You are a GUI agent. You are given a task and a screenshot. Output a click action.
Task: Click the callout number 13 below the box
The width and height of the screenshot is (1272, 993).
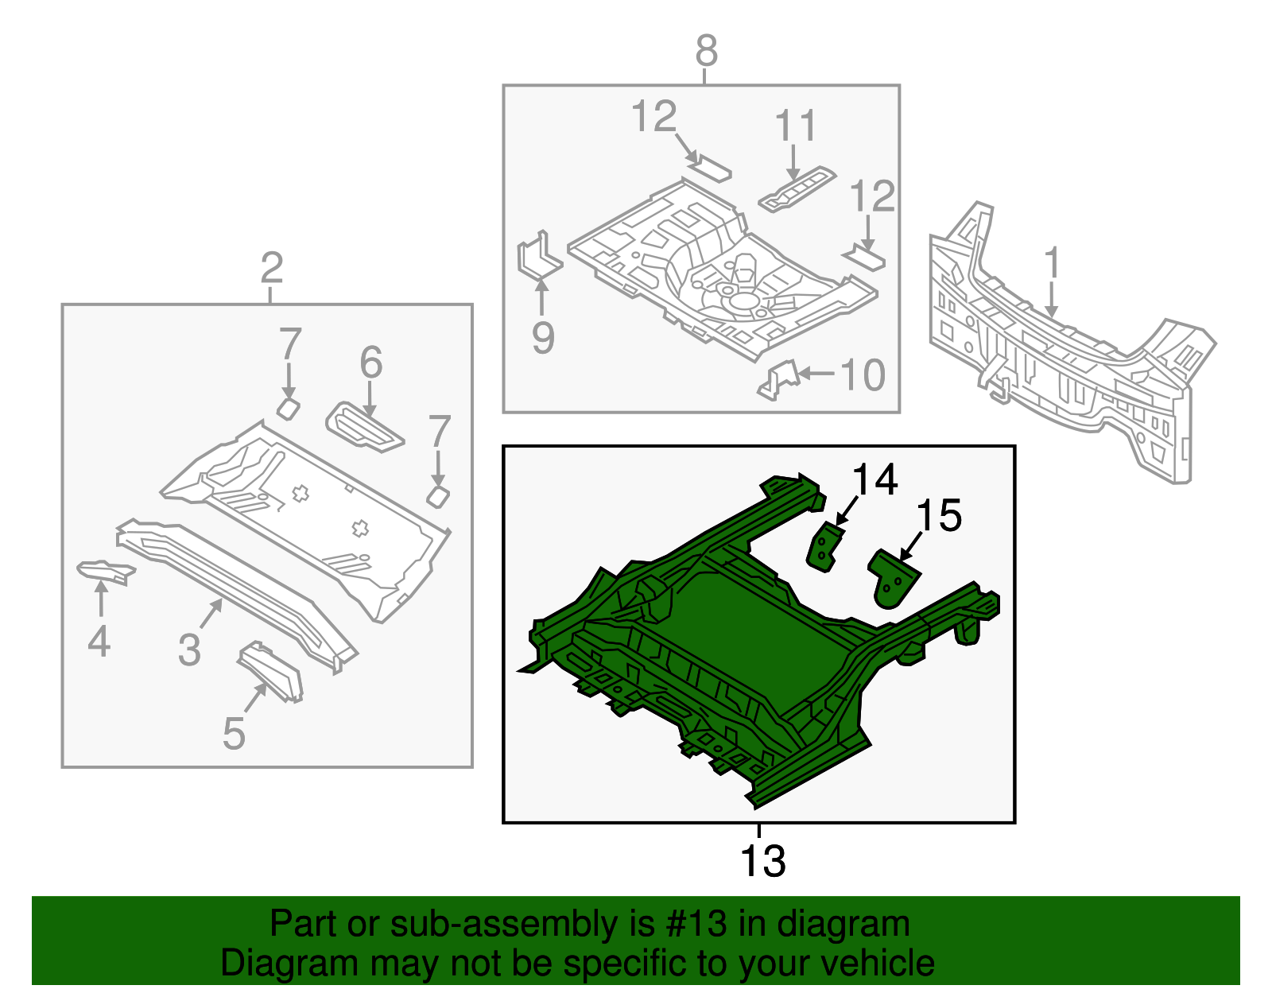(x=762, y=861)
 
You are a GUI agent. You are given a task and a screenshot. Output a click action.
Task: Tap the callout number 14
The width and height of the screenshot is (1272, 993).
(x=874, y=480)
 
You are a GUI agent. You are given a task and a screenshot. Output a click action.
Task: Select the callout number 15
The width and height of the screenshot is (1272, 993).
(x=939, y=516)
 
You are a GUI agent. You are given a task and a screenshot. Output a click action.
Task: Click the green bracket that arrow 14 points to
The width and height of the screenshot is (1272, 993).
(x=824, y=548)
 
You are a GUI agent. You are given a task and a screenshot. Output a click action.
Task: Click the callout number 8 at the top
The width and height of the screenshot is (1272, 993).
(x=706, y=52)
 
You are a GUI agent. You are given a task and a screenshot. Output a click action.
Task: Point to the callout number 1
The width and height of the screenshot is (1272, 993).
(x=1051, y=263)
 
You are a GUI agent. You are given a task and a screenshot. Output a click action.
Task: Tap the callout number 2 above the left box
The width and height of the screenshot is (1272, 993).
(x=271, y=269)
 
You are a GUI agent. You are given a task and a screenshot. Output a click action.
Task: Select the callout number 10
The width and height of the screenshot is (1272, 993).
(x=863, y=374)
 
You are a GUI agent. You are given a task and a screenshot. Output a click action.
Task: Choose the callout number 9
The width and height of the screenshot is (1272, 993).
(x=542, y=338)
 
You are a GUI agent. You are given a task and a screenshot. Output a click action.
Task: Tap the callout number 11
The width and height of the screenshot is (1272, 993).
(x=796, y=126)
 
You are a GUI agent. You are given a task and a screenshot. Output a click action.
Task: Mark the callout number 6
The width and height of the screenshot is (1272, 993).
(x=370, y=363)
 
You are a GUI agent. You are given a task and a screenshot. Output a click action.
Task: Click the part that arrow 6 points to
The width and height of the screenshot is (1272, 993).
(x=364, y=426)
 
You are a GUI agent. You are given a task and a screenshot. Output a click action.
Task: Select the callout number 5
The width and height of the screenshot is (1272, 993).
(x=234, y=733)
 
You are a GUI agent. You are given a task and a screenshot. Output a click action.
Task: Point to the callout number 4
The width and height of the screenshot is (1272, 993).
(x=99, y=641)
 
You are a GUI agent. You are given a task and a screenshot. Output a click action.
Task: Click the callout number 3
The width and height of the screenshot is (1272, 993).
(x=189, y=650)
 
